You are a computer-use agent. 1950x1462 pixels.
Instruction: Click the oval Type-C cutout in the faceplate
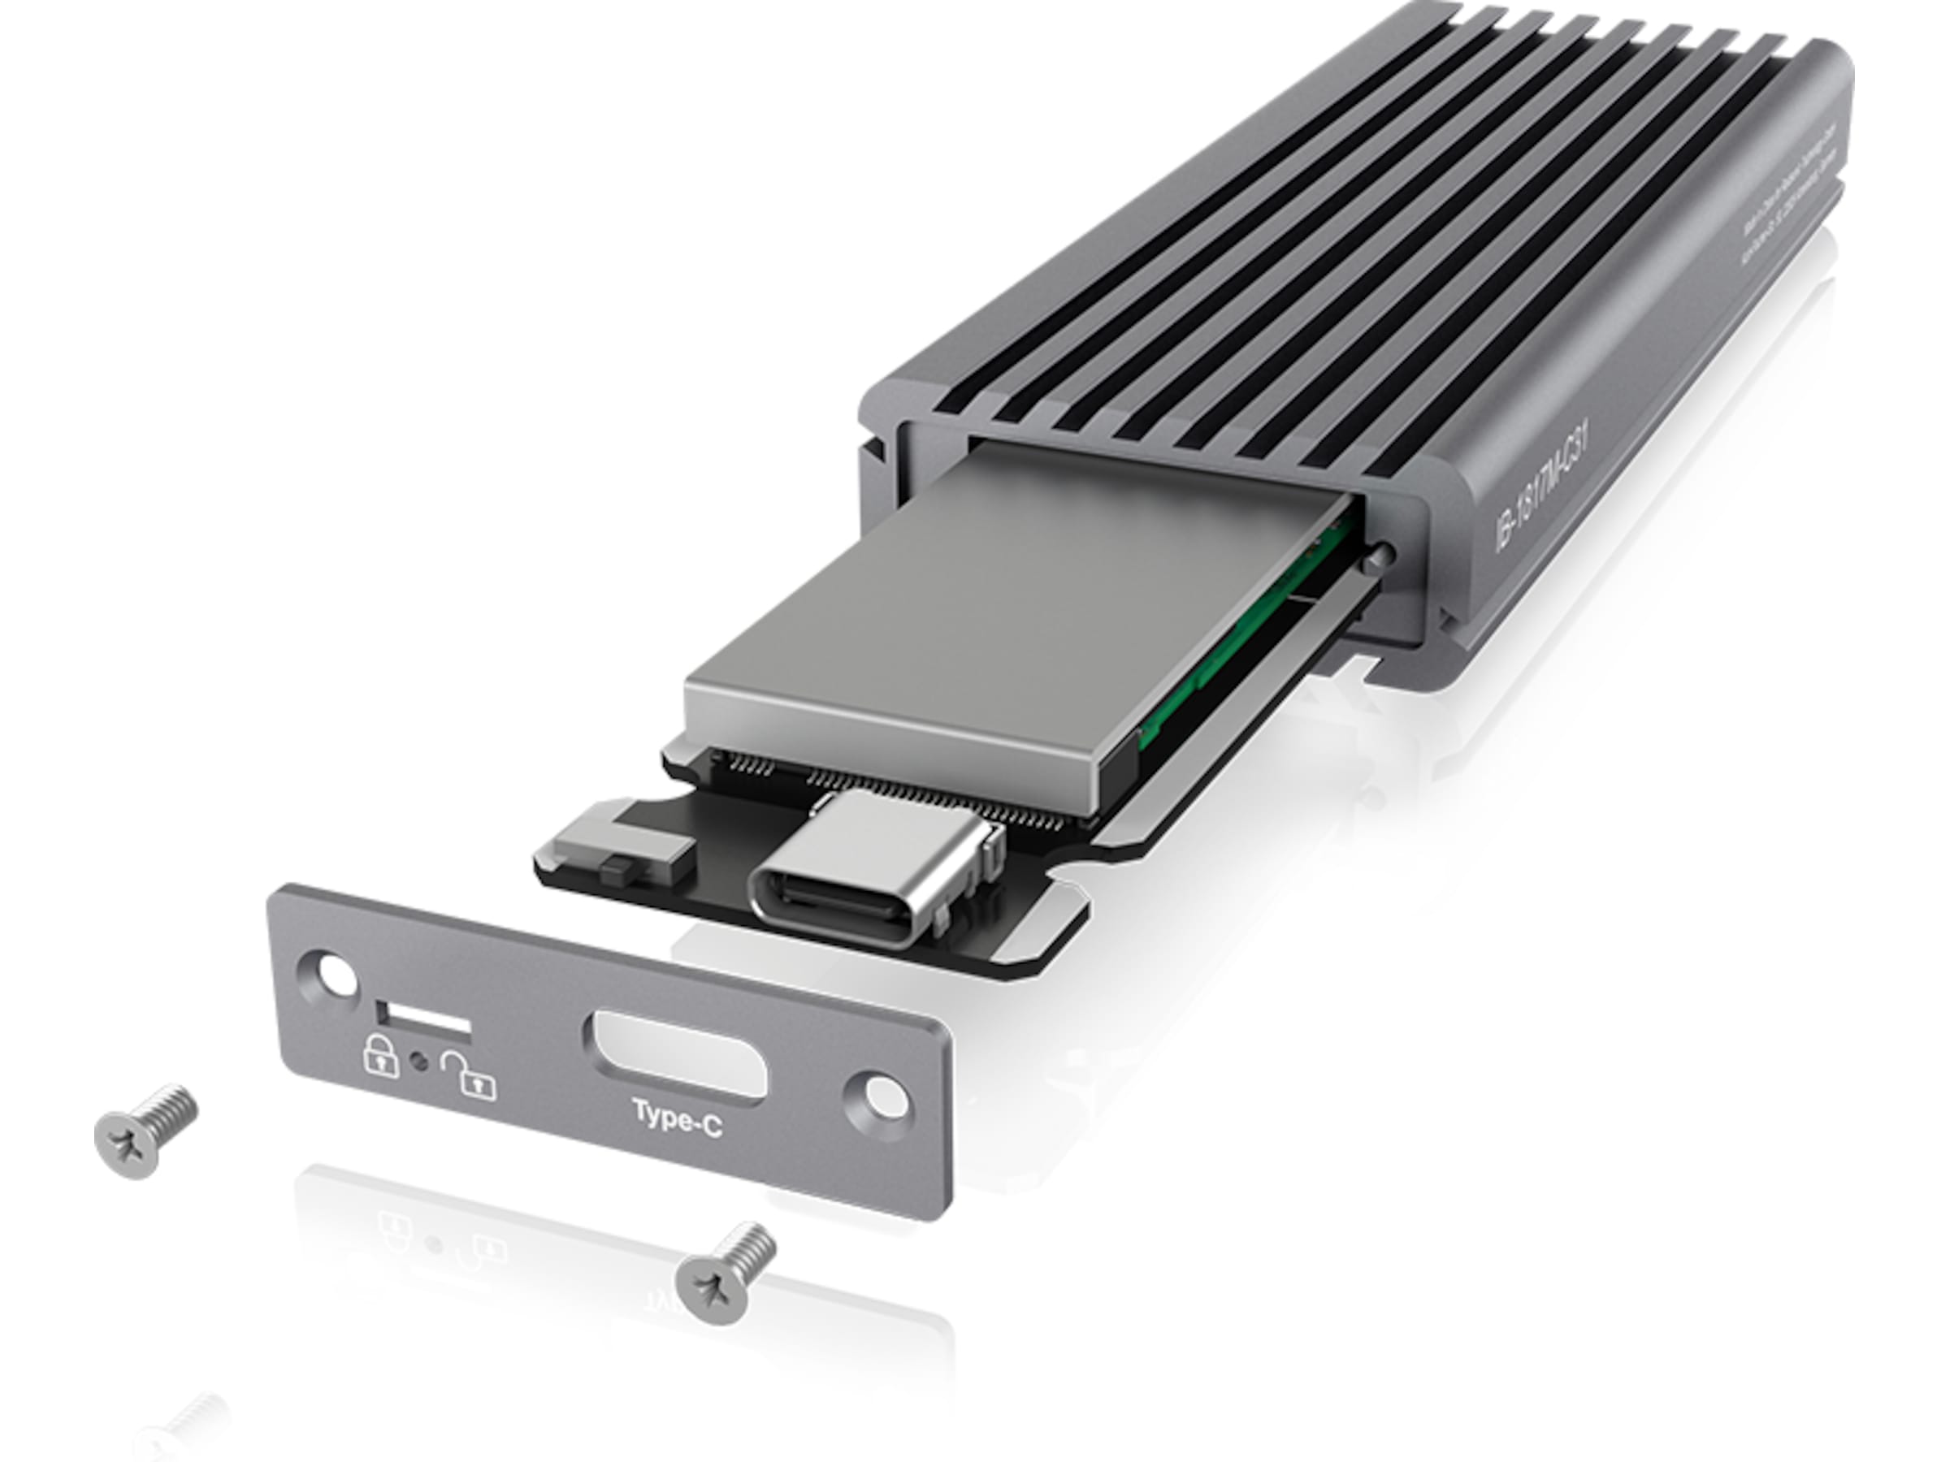675,1056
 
